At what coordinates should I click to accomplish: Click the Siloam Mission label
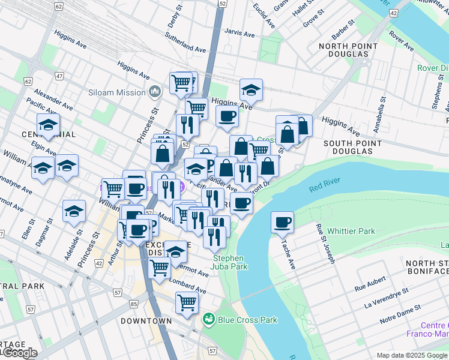[120, 92]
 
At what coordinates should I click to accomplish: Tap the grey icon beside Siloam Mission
[155, 92]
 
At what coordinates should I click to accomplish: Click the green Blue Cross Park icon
[209, 320]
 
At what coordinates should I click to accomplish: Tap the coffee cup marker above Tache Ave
[282, 223]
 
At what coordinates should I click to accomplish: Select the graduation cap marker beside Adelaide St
[74, 211]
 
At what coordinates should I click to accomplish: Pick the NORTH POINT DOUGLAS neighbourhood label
[348, 50]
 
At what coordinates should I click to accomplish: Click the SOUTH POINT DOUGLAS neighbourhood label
[352, 148]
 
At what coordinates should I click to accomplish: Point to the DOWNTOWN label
[146, 321]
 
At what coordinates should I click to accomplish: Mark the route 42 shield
[393, 12]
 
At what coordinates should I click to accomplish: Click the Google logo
[19, 353]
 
